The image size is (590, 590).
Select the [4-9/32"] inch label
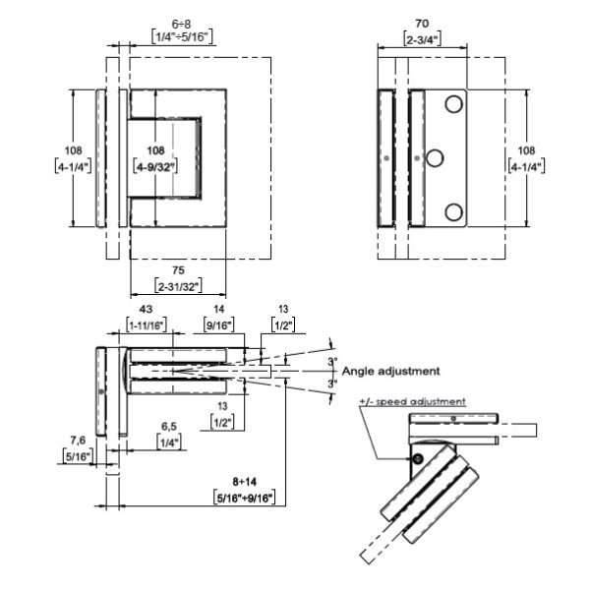click(x=156, y=166)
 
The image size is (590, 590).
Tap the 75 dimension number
click(x=177, y=271)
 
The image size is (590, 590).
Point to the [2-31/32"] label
click(x=177, y=286)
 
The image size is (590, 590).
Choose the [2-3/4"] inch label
click(x=423, y=39)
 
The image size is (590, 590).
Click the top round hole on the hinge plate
click(x=453, y=104)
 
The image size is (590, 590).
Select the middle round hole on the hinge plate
click(x=435, y=157)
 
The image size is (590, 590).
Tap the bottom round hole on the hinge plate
click(x=453, y=210)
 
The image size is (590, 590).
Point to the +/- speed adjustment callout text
click(x=412, y=402)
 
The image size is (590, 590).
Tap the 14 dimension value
click(x=217, y=309)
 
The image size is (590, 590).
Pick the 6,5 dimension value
click(x=169, y=427)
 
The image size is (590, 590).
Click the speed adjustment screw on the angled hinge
click(x=417, y=458)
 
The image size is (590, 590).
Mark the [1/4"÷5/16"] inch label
click(x=183, y=36)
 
